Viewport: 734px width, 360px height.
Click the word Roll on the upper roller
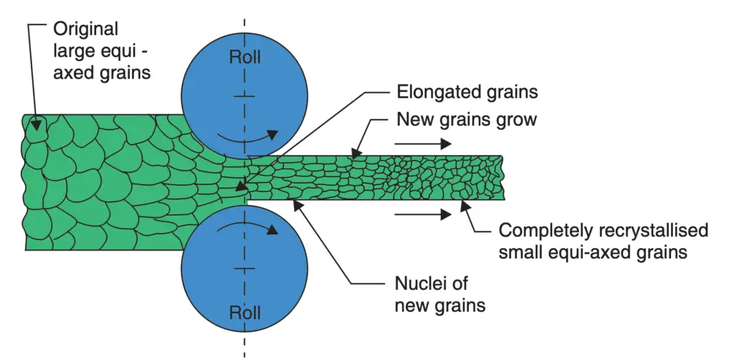tap(244, 57)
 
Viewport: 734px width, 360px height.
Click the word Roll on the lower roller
tap(244, 313)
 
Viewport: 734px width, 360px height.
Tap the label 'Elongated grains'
tap(467, 93)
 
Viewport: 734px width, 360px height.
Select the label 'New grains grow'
tap(467, 119)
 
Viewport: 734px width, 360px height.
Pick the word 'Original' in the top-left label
tap(85, 29)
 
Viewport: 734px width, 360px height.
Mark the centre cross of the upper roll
tap(244, 95)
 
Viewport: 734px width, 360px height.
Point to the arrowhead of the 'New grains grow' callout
tap(356, 153)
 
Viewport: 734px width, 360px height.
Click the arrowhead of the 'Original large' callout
tap(34, 130)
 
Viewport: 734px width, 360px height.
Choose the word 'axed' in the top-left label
tap(74, 72)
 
